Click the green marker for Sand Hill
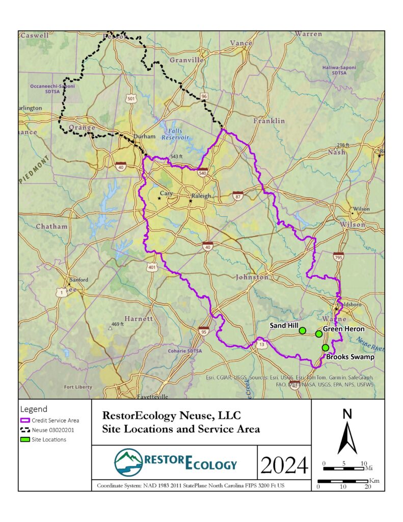302,330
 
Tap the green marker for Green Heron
319,334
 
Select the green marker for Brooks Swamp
325,348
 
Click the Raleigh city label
200,196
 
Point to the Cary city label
167,193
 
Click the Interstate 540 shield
203,172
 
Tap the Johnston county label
252,277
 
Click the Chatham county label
51,226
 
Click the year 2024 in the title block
284,465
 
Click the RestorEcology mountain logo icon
129,462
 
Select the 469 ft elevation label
118,324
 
